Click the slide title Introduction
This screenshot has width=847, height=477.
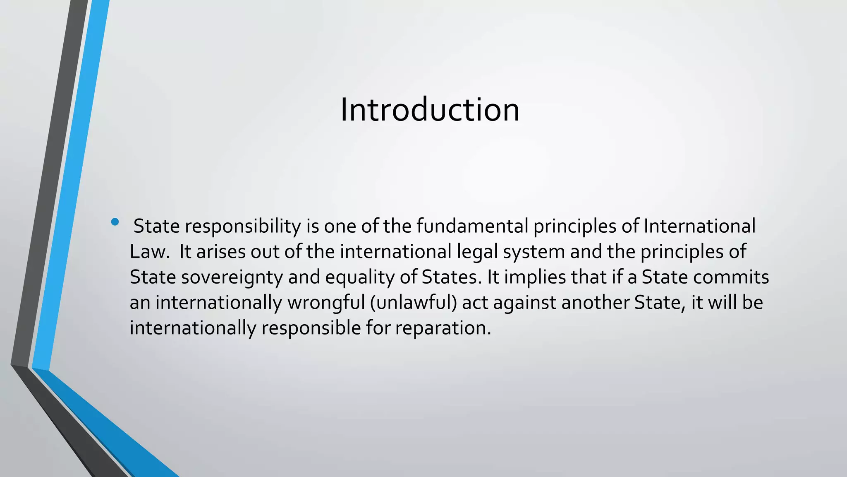(x=429, y=110)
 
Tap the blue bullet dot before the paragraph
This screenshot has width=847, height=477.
(x=115, y=222)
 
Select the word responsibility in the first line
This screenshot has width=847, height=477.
(x=243, y=226)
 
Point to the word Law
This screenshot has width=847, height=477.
(x=149, y=252)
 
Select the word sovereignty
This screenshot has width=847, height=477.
(x=232, y=277)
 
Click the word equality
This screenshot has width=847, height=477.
(x=360, y=277)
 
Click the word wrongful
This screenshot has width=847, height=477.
(x=326, y=303)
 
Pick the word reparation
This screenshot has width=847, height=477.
(x=443, y=328)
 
